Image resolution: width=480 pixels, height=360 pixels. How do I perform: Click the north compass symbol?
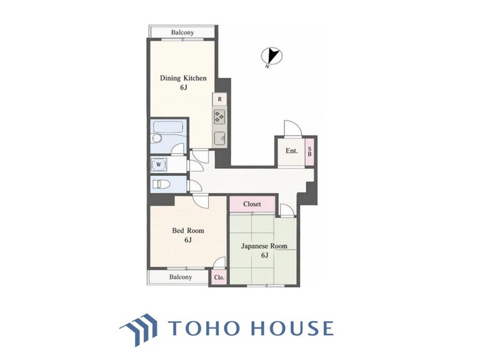271,56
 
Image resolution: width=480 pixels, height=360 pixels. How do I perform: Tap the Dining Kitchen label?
184,78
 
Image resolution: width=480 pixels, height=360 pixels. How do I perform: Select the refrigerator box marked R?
220,99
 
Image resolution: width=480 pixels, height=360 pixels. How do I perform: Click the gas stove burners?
220,116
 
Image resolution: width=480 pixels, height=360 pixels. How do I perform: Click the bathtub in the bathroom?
168,128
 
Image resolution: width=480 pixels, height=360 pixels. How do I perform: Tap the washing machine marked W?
159,164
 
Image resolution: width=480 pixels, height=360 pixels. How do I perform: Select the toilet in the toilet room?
161,184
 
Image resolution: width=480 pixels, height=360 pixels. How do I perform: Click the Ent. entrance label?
291,151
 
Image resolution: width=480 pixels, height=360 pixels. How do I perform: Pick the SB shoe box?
310,152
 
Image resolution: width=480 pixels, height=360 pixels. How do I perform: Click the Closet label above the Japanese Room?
252,204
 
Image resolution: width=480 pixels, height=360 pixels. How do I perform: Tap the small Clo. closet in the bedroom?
219,278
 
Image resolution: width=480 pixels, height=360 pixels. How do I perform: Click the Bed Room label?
188,230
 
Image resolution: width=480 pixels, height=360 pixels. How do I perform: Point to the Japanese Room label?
264,246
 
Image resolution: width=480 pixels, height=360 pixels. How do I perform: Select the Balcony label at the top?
182,32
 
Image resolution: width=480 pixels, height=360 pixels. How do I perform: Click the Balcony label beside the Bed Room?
180,277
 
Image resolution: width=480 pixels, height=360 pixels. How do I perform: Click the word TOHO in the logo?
204,328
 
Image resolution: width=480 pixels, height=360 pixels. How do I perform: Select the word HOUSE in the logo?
292,328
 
